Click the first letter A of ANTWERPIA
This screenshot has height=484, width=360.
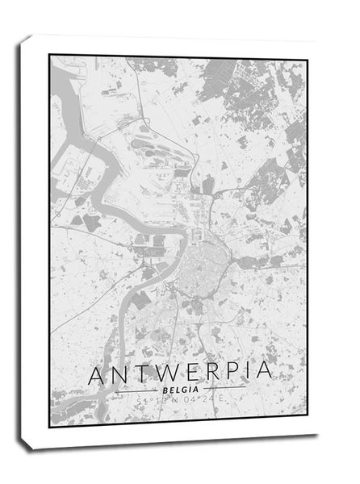95,376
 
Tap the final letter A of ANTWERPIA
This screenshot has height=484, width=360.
261,376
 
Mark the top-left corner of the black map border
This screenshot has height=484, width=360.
50,55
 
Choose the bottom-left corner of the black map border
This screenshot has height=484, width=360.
50,427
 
